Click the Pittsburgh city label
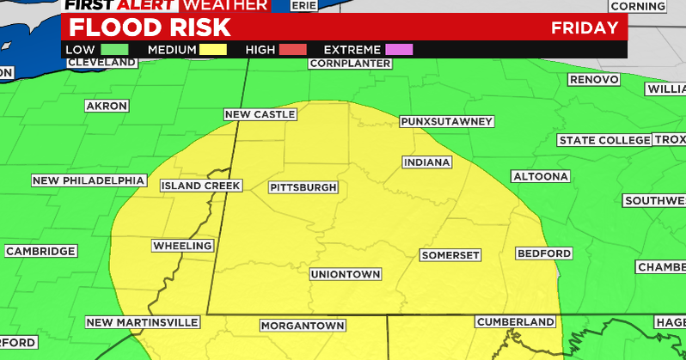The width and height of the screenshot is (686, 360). coord(303,187)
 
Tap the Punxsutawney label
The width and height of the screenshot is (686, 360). coord(447,122)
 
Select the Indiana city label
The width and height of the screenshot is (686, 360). coord(427,162)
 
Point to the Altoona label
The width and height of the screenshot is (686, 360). coord(541,176)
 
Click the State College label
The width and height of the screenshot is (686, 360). coord(604,140)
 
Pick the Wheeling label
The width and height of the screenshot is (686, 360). coord(182,247)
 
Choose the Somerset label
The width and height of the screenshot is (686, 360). coord(450,255)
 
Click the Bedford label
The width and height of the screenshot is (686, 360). coord(544,253)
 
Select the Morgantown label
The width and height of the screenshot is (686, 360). coord(303,326)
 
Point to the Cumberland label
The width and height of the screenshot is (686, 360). coord(516,321)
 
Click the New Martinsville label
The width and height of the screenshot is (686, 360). coord(143,322)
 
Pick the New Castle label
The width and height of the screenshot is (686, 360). coord(260,114)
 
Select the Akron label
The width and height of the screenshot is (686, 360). coord(107,106)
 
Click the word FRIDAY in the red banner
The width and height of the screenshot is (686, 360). coord(585,27)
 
